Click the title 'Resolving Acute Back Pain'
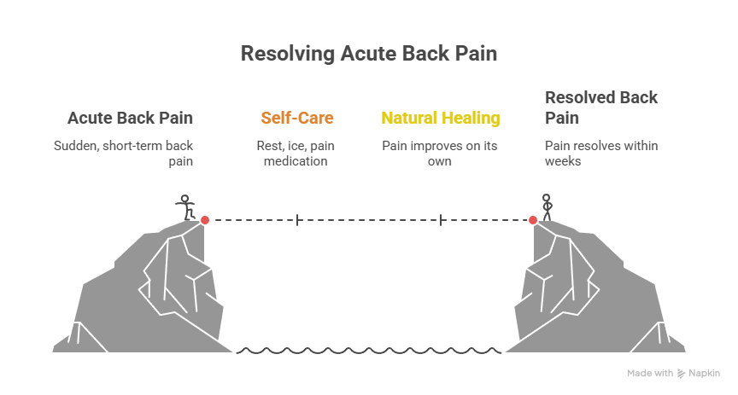coord(368,54)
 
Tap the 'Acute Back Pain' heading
coord(130,118)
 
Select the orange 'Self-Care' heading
coord(296,118)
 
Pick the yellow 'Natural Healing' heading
coord(440,118)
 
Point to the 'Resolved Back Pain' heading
coord(601,107)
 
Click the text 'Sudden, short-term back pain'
coord(124,153)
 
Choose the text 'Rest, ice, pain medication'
coord(296,153)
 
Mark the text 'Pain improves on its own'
coord(440,153)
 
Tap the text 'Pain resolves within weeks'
coord(601,153)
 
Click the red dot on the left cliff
coord(205,220)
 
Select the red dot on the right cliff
coord(533,220)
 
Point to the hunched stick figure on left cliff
coord(184,207)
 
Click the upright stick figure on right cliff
coord(548,206)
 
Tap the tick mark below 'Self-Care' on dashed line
coord(297,220)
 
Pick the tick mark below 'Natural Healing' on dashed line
coord(441,220)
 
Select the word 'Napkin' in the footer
coord(705,373)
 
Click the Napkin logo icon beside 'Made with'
coord(681,373)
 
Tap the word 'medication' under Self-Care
coord(296,160)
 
